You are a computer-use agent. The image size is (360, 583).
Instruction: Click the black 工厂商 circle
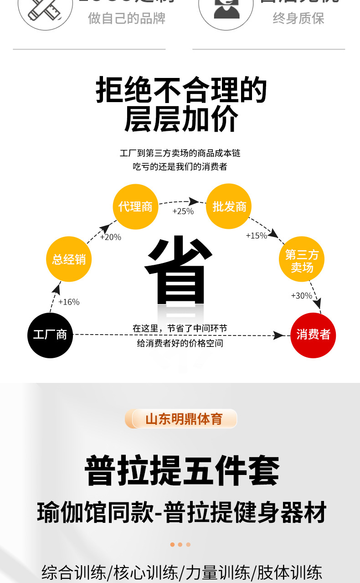50,335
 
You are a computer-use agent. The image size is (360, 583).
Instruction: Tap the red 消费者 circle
313,335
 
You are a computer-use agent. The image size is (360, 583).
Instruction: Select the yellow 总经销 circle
69,259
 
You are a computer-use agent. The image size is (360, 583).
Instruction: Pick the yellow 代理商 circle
135,206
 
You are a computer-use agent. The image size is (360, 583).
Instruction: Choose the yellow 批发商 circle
229,206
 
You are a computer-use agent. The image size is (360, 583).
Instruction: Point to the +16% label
69,302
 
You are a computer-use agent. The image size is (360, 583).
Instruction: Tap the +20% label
110,237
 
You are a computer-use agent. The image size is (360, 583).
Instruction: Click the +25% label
183,211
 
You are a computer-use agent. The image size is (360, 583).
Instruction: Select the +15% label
256,236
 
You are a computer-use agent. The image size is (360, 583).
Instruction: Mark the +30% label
301,296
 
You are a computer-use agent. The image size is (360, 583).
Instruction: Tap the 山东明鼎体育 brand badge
184,419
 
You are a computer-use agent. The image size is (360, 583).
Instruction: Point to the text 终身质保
298,19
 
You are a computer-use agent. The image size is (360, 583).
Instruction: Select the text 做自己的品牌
127,19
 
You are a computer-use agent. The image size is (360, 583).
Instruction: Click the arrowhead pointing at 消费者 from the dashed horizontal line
279,335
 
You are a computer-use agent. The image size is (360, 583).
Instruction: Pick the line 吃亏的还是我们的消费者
180,167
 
